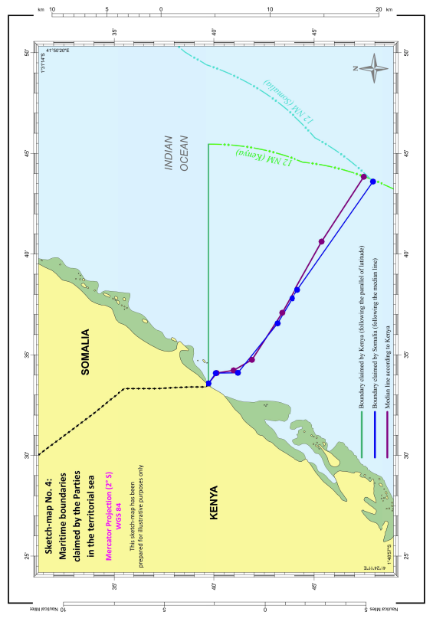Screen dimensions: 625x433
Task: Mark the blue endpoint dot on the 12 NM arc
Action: coord(372,182)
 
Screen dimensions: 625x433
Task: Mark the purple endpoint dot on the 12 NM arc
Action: coord(364,177)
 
